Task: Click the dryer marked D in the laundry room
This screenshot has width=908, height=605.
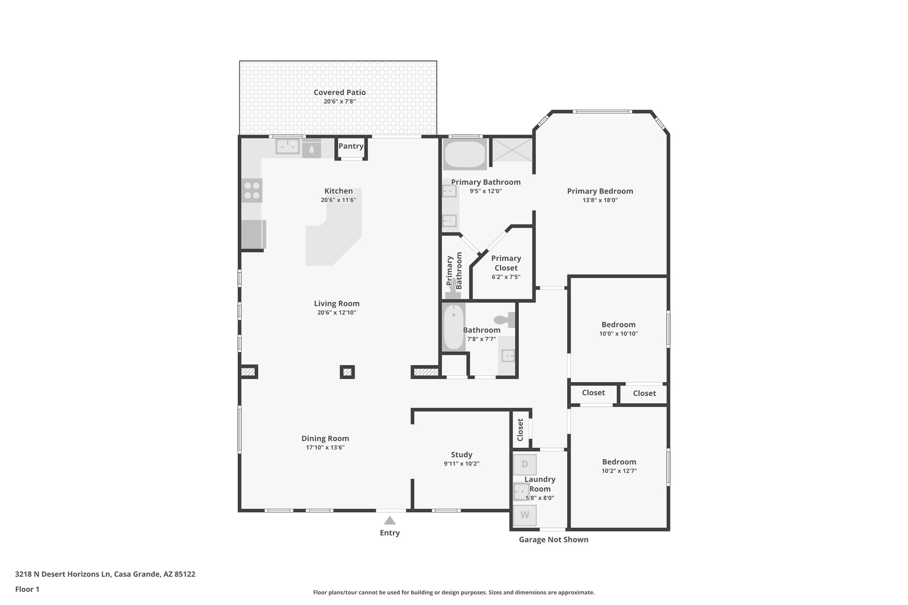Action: click(x=524, y=464)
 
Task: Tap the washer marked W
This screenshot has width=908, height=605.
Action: click(x=524, y=515)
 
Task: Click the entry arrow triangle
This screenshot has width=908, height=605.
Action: click(x=390, y=521)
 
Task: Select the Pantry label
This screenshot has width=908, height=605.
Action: click(x=351, y=146)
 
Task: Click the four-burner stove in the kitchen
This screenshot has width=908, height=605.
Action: click(x=252, y=191)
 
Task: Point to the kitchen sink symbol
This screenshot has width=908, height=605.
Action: click(x=288, y=146)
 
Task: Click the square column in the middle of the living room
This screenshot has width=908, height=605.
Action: click(x=347, y=372)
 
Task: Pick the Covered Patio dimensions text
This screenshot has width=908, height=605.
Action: click(x=340, y=101)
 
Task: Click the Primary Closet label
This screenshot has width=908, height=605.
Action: click(x=506, y=263)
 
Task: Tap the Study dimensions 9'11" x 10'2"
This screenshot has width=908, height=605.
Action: click(x=462, y=464)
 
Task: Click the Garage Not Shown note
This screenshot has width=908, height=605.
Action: click(x=553, y=539)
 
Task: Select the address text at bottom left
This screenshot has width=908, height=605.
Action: click(x=105, y=574)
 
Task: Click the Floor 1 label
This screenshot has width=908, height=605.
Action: click(x=27, y=589)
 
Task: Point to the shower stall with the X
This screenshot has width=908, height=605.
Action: click(x=512, y=150)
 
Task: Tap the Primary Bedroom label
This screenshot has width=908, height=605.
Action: click(x=600, y=191)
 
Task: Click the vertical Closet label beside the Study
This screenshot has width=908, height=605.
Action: click(x=521, y=429)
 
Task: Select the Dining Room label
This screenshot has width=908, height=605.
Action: click(x=325, y=438)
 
